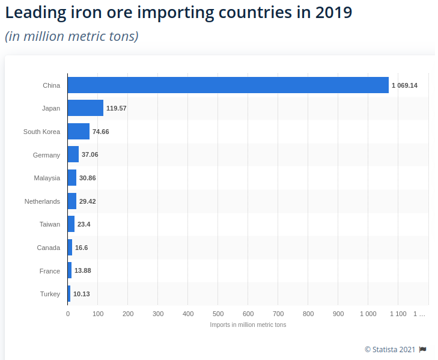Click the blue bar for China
(x=228, y=85)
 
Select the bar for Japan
(x=85, y=108)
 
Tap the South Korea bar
(x=79, y=132)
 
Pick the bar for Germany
(x=73, y=154)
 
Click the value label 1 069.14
(x=404, y=85)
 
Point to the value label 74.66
(x=100, y=132)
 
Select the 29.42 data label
(x=87, y=201)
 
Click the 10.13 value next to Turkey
(x=81, y=294)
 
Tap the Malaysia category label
(x=47, y=178)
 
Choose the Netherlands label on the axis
(x=42, y=201)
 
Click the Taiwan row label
(x=50, y=224)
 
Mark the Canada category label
(x=49, y=248)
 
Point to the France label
(x=50, y=271)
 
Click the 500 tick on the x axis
(x=218, y=314)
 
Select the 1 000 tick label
(x=368, y=314)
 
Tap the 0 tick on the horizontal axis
(x=68, y=314)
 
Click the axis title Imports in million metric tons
(x=248, y=325)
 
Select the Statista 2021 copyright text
(x=390, y=349)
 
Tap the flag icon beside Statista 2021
(x=423, y=349)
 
